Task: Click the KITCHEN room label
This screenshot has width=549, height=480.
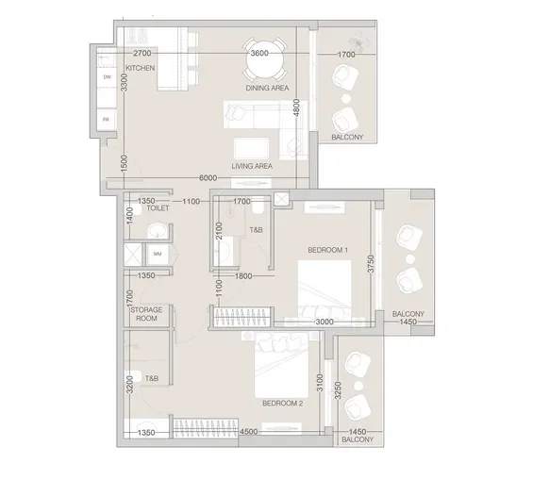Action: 141,68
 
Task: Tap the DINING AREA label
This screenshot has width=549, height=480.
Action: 267,88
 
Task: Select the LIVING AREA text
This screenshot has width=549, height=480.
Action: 252,166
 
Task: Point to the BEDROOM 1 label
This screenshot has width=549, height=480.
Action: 328,249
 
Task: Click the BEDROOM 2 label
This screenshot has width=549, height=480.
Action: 282,403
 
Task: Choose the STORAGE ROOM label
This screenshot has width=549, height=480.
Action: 145,314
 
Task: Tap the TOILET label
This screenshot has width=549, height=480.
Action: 158,207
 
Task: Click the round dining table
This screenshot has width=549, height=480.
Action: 258,55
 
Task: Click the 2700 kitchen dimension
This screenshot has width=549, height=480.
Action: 143,54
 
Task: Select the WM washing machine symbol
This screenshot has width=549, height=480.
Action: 158,254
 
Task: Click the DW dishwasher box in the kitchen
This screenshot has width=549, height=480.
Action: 108,76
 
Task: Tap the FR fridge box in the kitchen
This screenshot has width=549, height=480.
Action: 107,120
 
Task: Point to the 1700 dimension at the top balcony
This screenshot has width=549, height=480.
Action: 346,55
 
